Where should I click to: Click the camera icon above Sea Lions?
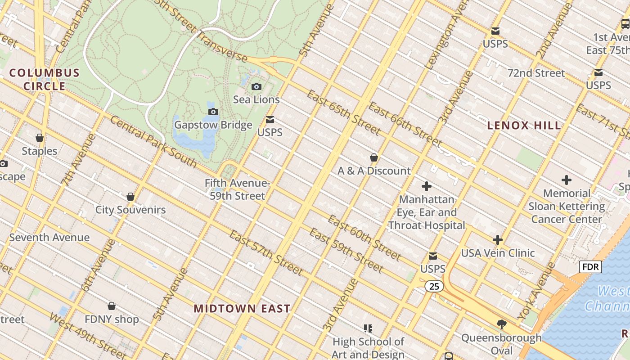pos(256,86)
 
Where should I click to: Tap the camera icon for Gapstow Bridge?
pos(213,112)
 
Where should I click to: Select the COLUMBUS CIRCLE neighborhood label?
pos(44,79)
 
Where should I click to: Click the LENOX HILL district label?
pos(524,126)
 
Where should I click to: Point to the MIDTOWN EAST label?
pos(242,309)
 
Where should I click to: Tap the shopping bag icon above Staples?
pos(40,138)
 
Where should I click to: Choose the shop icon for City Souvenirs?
pos(130,197)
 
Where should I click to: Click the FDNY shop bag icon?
pos(112,306)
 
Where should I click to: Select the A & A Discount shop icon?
pos(373,157)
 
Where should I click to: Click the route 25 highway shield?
pos(434,286)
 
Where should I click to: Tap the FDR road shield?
pos(590,267)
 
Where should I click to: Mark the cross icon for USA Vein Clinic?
pos(497,239)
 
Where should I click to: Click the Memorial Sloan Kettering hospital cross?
pos(566,180)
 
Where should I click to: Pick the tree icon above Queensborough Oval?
pos(501,324)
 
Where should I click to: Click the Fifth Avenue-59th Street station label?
pos(237,189)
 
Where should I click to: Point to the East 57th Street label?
pos(265,252)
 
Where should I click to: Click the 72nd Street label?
pos(536,73)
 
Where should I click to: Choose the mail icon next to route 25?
pos(432,256)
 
